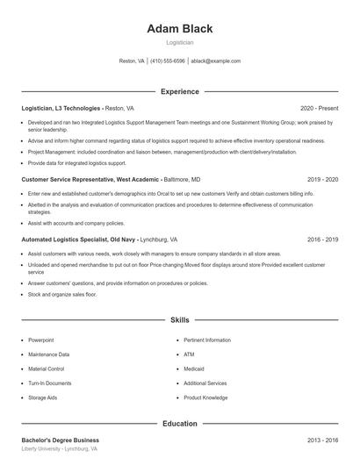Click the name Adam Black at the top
pos(179,28)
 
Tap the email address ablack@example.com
pos(215,61)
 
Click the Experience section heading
pos(179,91)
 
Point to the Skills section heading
pos(179,320)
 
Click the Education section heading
pos(179,424)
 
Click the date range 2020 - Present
pos(319,108)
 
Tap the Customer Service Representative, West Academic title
pos(90,179)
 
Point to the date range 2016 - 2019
pos(322,239)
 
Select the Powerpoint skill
pos(40,340)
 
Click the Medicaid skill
pos(194,368)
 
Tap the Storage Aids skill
pos(43,397)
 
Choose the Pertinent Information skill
pos(207,340)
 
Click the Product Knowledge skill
pos(205,397)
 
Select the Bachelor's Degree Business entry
pos(60,440)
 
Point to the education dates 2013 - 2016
pos(322,440)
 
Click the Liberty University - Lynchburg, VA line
pos(59,448)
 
